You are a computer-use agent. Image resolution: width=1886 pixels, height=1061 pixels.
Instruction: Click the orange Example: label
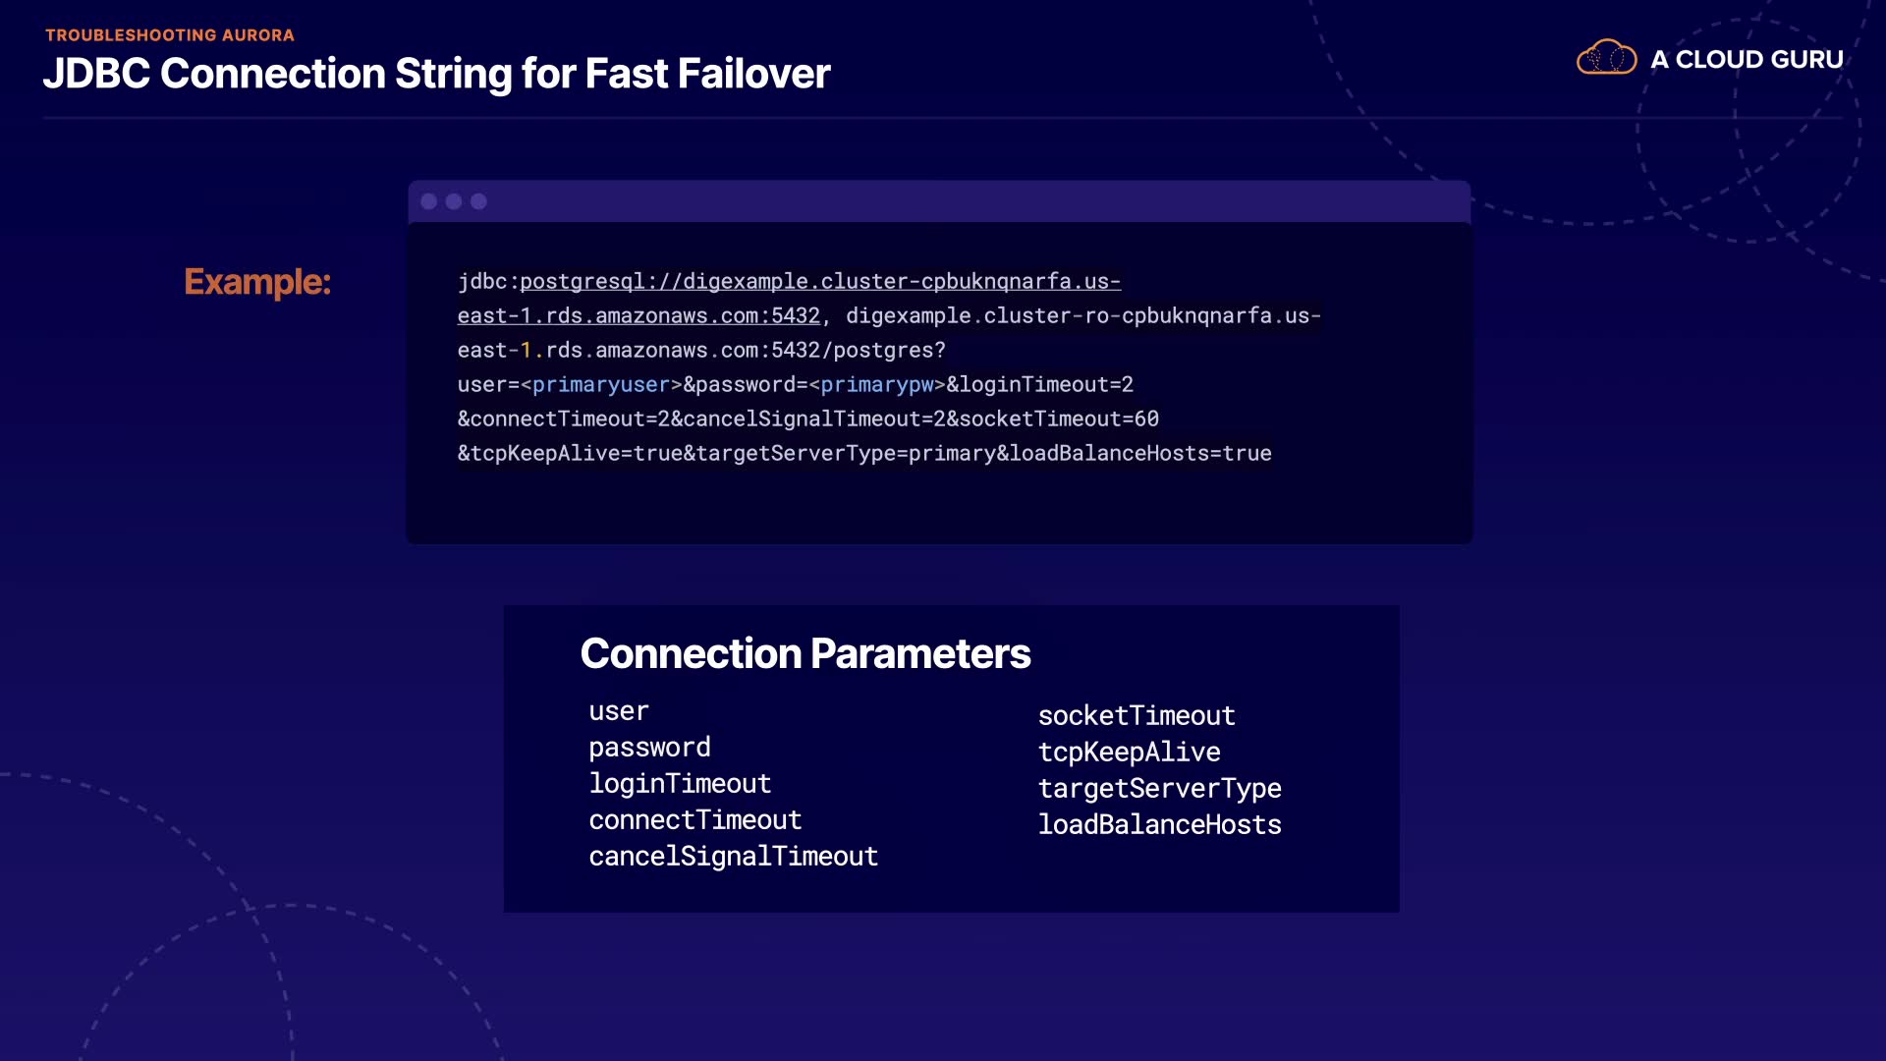257,282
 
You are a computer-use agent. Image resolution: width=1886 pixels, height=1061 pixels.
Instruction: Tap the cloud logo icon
1606,58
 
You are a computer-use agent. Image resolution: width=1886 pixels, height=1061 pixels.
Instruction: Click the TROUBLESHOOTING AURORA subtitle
170,35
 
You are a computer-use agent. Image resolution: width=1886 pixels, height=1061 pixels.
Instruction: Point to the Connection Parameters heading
805,653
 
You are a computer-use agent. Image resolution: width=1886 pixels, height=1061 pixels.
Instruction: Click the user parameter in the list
619,711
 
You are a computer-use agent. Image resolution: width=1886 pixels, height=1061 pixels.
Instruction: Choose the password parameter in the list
649,748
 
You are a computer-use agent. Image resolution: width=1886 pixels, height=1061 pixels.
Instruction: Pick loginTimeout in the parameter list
680,784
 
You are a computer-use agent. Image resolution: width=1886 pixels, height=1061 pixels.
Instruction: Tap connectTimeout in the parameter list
695,820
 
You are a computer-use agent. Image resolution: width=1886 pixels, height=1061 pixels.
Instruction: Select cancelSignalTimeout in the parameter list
733,857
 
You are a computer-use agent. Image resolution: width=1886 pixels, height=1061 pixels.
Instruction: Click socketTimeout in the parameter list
1137,716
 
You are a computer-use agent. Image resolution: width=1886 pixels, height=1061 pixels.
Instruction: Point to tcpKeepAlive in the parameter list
1129,753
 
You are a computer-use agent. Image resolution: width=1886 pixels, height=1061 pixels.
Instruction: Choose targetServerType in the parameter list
1159,789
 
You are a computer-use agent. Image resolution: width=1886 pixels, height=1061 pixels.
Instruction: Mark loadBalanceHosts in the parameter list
1159,825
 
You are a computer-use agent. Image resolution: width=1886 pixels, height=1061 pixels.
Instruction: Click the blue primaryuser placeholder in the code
601,385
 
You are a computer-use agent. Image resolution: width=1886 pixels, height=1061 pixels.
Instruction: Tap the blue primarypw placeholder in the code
877,385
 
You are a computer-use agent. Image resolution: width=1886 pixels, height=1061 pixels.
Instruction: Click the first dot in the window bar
429,201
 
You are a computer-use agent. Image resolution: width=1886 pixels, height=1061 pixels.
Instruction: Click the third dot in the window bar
478,201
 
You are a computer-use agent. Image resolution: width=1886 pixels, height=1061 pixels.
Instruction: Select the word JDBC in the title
96,74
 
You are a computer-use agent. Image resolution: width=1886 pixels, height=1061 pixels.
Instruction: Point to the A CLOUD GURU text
1747,60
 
